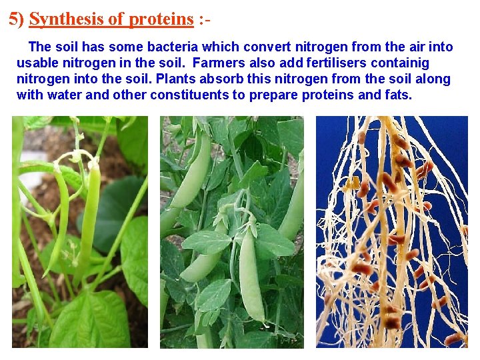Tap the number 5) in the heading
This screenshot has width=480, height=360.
pos(17,19)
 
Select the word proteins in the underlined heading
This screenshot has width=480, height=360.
pos(161,19)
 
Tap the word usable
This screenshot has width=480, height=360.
pos(37,63)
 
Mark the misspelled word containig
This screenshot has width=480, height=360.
pos(398,63)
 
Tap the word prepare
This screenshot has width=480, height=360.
pos(274,95)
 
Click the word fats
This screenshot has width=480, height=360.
pos(399,95)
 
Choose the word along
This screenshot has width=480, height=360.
pos(433,79)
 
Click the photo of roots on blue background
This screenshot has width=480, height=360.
pos(391,232)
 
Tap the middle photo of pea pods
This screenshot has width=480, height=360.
pos(231,232)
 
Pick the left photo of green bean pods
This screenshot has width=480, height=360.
pos(79,232)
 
